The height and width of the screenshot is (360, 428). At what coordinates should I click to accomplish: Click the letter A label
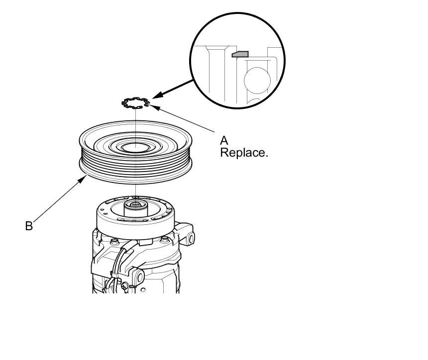[x=224, y=141]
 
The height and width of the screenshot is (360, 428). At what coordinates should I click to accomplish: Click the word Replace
[x=244, y=153]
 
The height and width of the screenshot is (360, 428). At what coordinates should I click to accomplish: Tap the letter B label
[x=29, y=226]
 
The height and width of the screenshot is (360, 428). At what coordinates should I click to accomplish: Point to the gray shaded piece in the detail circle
[x=240, y=53]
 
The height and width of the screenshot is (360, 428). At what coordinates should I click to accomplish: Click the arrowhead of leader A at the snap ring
[x=151, y=106]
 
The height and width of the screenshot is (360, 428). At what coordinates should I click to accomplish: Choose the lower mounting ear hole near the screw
[x=139, y=276]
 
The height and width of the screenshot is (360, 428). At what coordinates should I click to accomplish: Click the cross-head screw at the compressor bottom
[x=131, y=286]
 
